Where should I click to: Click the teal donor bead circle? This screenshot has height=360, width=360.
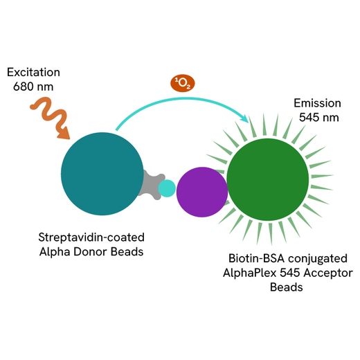tap(102, 174)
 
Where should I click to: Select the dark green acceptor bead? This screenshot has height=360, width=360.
tap(268, 179)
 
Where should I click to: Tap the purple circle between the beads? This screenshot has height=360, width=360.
tap(202, 192)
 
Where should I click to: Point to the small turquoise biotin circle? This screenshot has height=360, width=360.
tap(167, 188)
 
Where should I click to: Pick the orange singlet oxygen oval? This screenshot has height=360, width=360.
tap(183, 83)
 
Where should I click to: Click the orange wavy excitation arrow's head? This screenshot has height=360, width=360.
tap(64, 133)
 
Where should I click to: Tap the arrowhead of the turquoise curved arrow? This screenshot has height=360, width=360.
tap(244, 118)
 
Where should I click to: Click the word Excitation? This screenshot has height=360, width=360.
tap(33, 72)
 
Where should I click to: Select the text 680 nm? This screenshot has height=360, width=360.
tap(33, 87)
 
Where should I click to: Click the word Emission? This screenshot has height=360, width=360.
tap(317, 103)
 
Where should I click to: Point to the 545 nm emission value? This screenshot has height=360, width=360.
tap(319, 118)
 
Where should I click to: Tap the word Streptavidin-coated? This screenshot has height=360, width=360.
tap(91, 237)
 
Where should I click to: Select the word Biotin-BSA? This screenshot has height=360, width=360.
tap(256, 258)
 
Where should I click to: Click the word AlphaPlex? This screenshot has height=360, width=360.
tap(250, 273)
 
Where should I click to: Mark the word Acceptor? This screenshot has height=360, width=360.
tap(328, 273)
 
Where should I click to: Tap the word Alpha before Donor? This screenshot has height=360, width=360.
tap(55, 252)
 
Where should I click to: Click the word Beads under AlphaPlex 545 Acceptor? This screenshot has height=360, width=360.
tap(287, 287)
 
